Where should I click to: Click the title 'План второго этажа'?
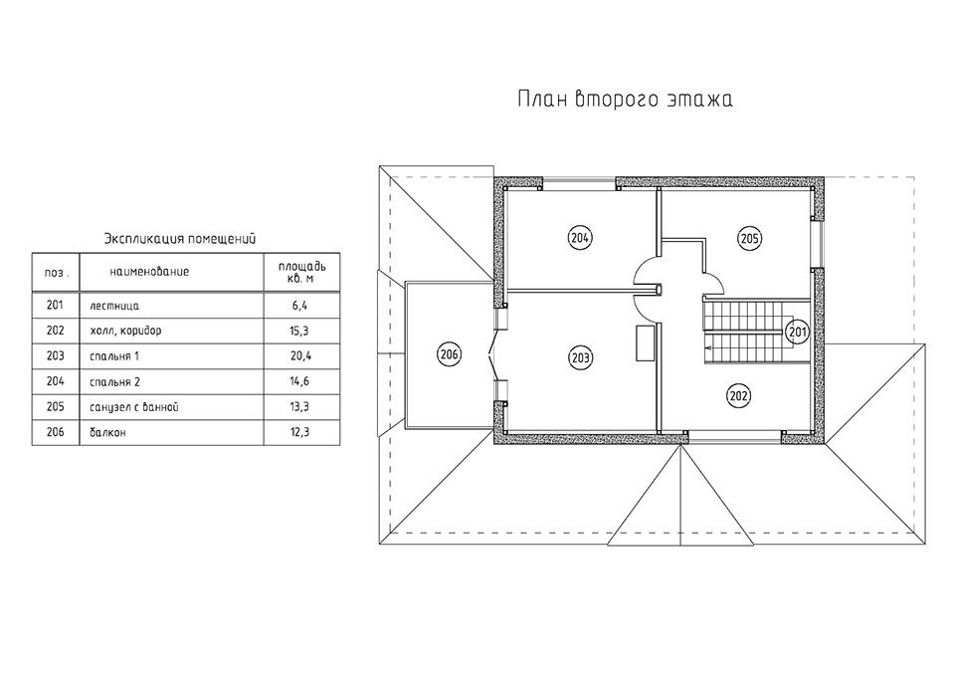point(624,100)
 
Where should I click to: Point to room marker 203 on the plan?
point(580,356)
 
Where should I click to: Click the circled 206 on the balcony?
point(449,353)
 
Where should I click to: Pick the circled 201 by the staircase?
point(797,330)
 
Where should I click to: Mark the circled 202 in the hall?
point(738,395)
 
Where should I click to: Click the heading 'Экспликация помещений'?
point(181,238)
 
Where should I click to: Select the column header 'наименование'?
point(149,271)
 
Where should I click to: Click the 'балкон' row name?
point(105,433)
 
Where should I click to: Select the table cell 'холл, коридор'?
point(124,330)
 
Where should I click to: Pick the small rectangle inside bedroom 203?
point(645,342)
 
